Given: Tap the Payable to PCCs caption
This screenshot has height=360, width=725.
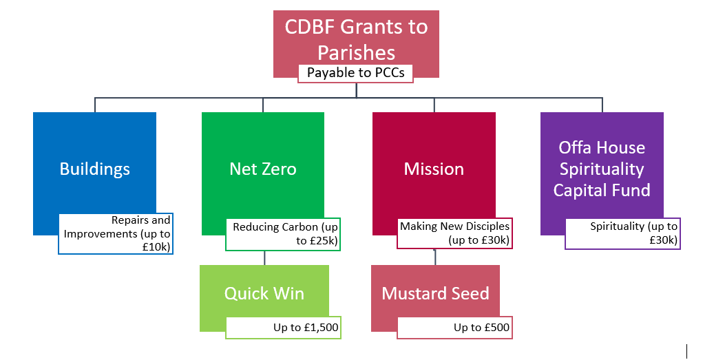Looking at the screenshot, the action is tap(355, 73).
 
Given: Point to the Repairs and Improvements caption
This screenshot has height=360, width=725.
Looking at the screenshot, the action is tap(116, 234).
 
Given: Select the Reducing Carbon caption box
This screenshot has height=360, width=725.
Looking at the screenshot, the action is tap(283, 234).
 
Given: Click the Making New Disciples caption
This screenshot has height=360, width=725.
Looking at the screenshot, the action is tap(454, 233).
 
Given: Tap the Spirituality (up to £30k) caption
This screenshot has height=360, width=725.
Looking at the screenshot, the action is tap(622, 233).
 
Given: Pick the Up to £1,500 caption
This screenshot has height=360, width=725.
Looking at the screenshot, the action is tap(284, 328).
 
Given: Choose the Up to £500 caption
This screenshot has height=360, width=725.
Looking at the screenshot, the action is tap(454, 328).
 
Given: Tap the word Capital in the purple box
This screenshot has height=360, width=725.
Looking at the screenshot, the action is tap(575, 190).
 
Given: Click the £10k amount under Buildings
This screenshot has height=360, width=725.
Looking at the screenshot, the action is tap(157, 247).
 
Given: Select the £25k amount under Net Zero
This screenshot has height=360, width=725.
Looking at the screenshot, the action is tap(323, 240).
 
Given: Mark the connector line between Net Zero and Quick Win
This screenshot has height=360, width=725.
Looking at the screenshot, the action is tap(264, 258).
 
